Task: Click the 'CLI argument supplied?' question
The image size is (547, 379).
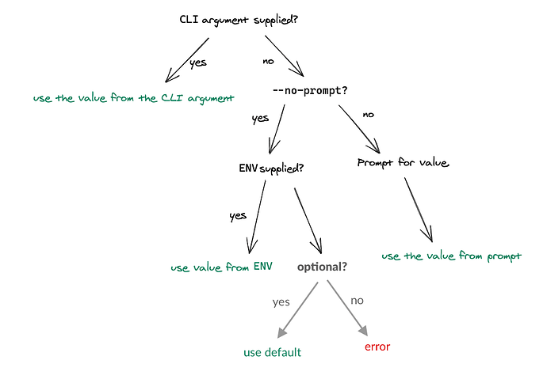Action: click(239, 19)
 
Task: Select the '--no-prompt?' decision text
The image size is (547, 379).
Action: click(309, 90)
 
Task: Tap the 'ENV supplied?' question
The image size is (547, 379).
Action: click(271, 169)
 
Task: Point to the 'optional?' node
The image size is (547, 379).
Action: click(322, 267)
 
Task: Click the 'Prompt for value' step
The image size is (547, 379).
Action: click(404, 163)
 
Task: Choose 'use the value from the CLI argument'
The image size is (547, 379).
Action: click(133, 99)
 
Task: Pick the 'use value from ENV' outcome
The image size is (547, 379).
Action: click(222, 267)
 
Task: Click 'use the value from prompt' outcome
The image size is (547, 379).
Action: click(452, 256)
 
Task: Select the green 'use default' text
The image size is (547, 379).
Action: click(272, 352)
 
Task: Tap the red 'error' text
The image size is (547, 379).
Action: click(377, 347)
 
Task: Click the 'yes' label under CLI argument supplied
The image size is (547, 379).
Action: click(197, 63)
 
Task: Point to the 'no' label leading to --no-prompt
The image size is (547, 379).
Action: click(269, 60)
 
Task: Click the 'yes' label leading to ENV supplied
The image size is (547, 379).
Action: click(260, 119)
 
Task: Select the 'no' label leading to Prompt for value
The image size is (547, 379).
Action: click(368, 115)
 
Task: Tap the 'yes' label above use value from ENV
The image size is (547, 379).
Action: click(237, 215)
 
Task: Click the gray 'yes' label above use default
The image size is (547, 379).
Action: click(281, 301)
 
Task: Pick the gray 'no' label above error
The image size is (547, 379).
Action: click(357, 301)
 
